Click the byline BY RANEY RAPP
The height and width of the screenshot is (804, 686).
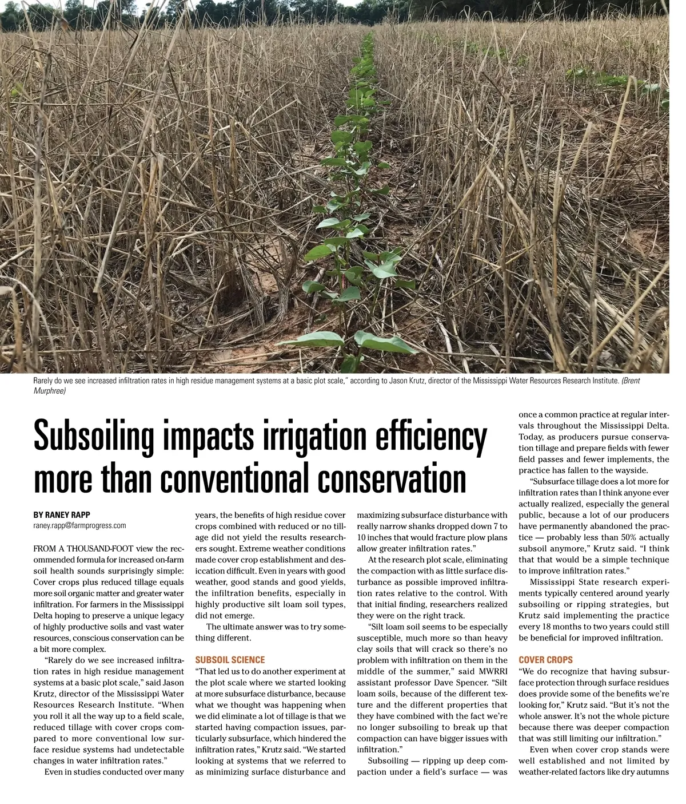pos(62,515)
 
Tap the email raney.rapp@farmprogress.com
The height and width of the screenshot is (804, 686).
pos(79,525)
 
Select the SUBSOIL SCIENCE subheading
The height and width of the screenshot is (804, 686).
pos(230,660)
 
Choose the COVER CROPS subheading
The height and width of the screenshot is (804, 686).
pos(545,660)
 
